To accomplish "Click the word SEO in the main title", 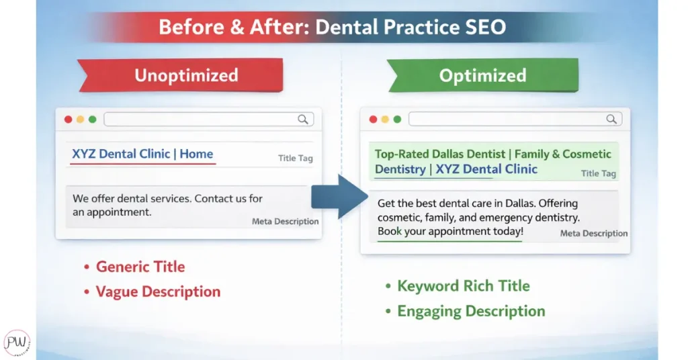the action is point(486,27).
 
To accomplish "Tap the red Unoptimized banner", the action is point(180,75).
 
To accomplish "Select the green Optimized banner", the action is point(482,75).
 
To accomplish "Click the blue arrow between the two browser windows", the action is point(339,196).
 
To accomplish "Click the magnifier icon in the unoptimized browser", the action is point(303,120).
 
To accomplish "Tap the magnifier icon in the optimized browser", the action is point(611,119).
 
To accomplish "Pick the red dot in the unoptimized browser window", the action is point(68,120).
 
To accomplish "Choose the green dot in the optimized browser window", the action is point(397,120).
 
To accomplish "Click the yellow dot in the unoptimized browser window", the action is point(81,120).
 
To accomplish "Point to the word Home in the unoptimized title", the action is point(196,154).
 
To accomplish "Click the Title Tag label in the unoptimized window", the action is point(296,159).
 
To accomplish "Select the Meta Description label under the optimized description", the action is point(594,233).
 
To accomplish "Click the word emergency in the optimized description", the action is point(513,218).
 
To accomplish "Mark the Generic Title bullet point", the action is point(134,267).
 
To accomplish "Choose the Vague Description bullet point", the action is point(152,291).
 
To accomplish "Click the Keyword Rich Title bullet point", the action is point(457,286).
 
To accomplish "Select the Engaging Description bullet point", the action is point(465,311).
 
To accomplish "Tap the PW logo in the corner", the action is point(17,343).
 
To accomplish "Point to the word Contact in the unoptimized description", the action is point(214,199).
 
